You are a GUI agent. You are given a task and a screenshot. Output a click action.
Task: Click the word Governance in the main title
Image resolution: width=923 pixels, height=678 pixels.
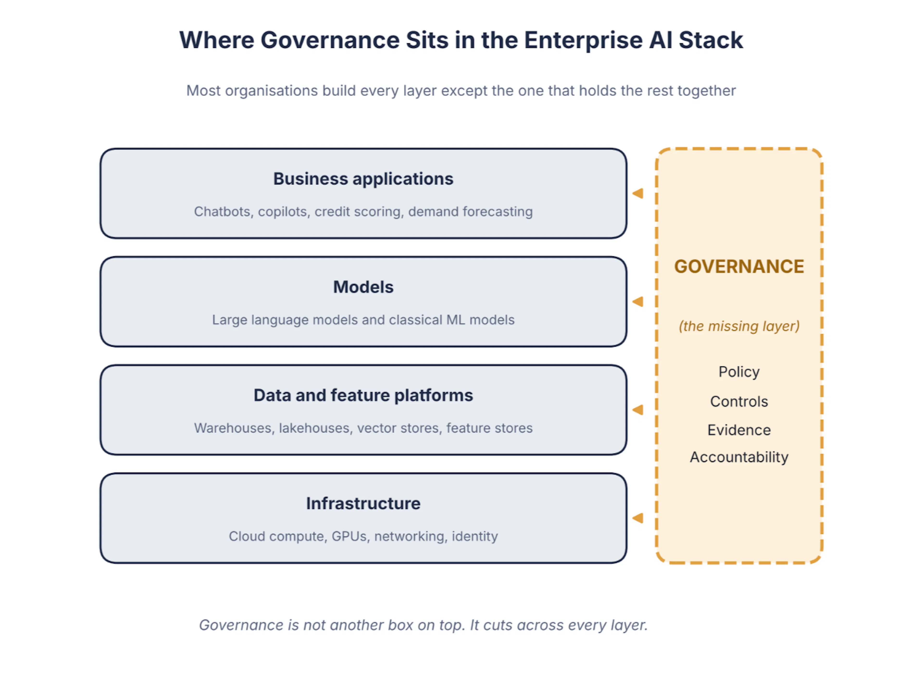click(330, 40)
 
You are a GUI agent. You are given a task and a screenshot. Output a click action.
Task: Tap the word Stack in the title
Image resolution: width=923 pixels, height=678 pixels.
click(711, 40)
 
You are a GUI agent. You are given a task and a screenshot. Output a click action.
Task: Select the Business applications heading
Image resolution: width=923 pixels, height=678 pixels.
click(363, 179)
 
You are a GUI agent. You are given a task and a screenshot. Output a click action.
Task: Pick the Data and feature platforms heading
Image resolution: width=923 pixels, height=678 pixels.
click(363, 395)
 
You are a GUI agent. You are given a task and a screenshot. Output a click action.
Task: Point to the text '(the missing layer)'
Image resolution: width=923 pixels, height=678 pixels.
click(739, 326)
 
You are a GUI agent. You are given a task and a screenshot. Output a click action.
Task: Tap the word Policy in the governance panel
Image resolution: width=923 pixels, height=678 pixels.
click(739, 372)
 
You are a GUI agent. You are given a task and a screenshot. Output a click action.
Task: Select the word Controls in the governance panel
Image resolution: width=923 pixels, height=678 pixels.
click(739, 401)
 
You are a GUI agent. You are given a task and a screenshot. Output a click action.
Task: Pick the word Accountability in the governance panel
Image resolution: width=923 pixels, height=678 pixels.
click(739, 457)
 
